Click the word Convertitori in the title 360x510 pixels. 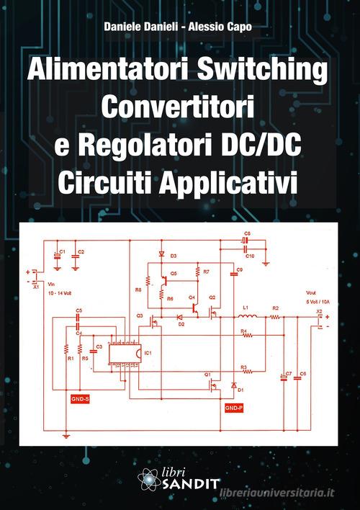click(180, 108)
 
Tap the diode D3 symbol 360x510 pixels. click(161, 256)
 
